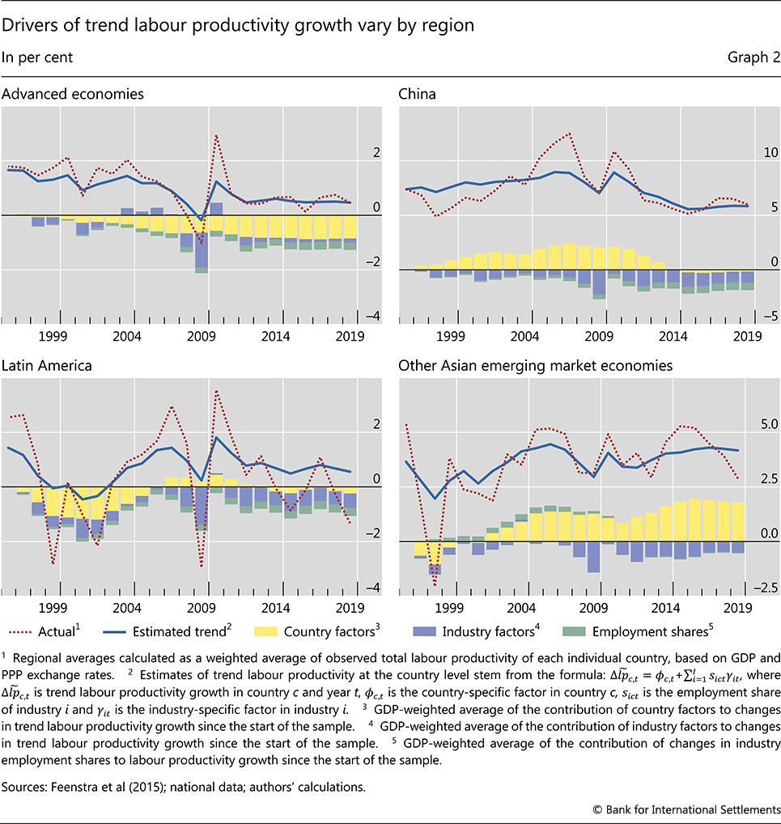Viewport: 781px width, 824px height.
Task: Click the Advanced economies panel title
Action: click(x=73, y=94)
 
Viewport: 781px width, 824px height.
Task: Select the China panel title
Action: click(x=417, y=94)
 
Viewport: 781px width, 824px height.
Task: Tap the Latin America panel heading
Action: click(x=47, y=366)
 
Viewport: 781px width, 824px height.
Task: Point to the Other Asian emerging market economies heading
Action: click(x=535, y=366)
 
